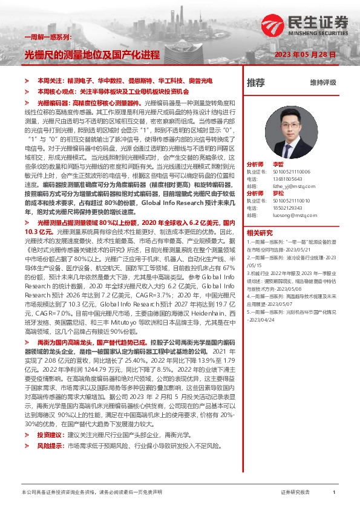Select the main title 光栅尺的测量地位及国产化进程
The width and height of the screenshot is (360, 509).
pos(91,54)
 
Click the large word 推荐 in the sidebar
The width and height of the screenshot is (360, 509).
pos(256,82)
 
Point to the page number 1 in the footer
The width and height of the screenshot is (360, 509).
pos(334,493)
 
